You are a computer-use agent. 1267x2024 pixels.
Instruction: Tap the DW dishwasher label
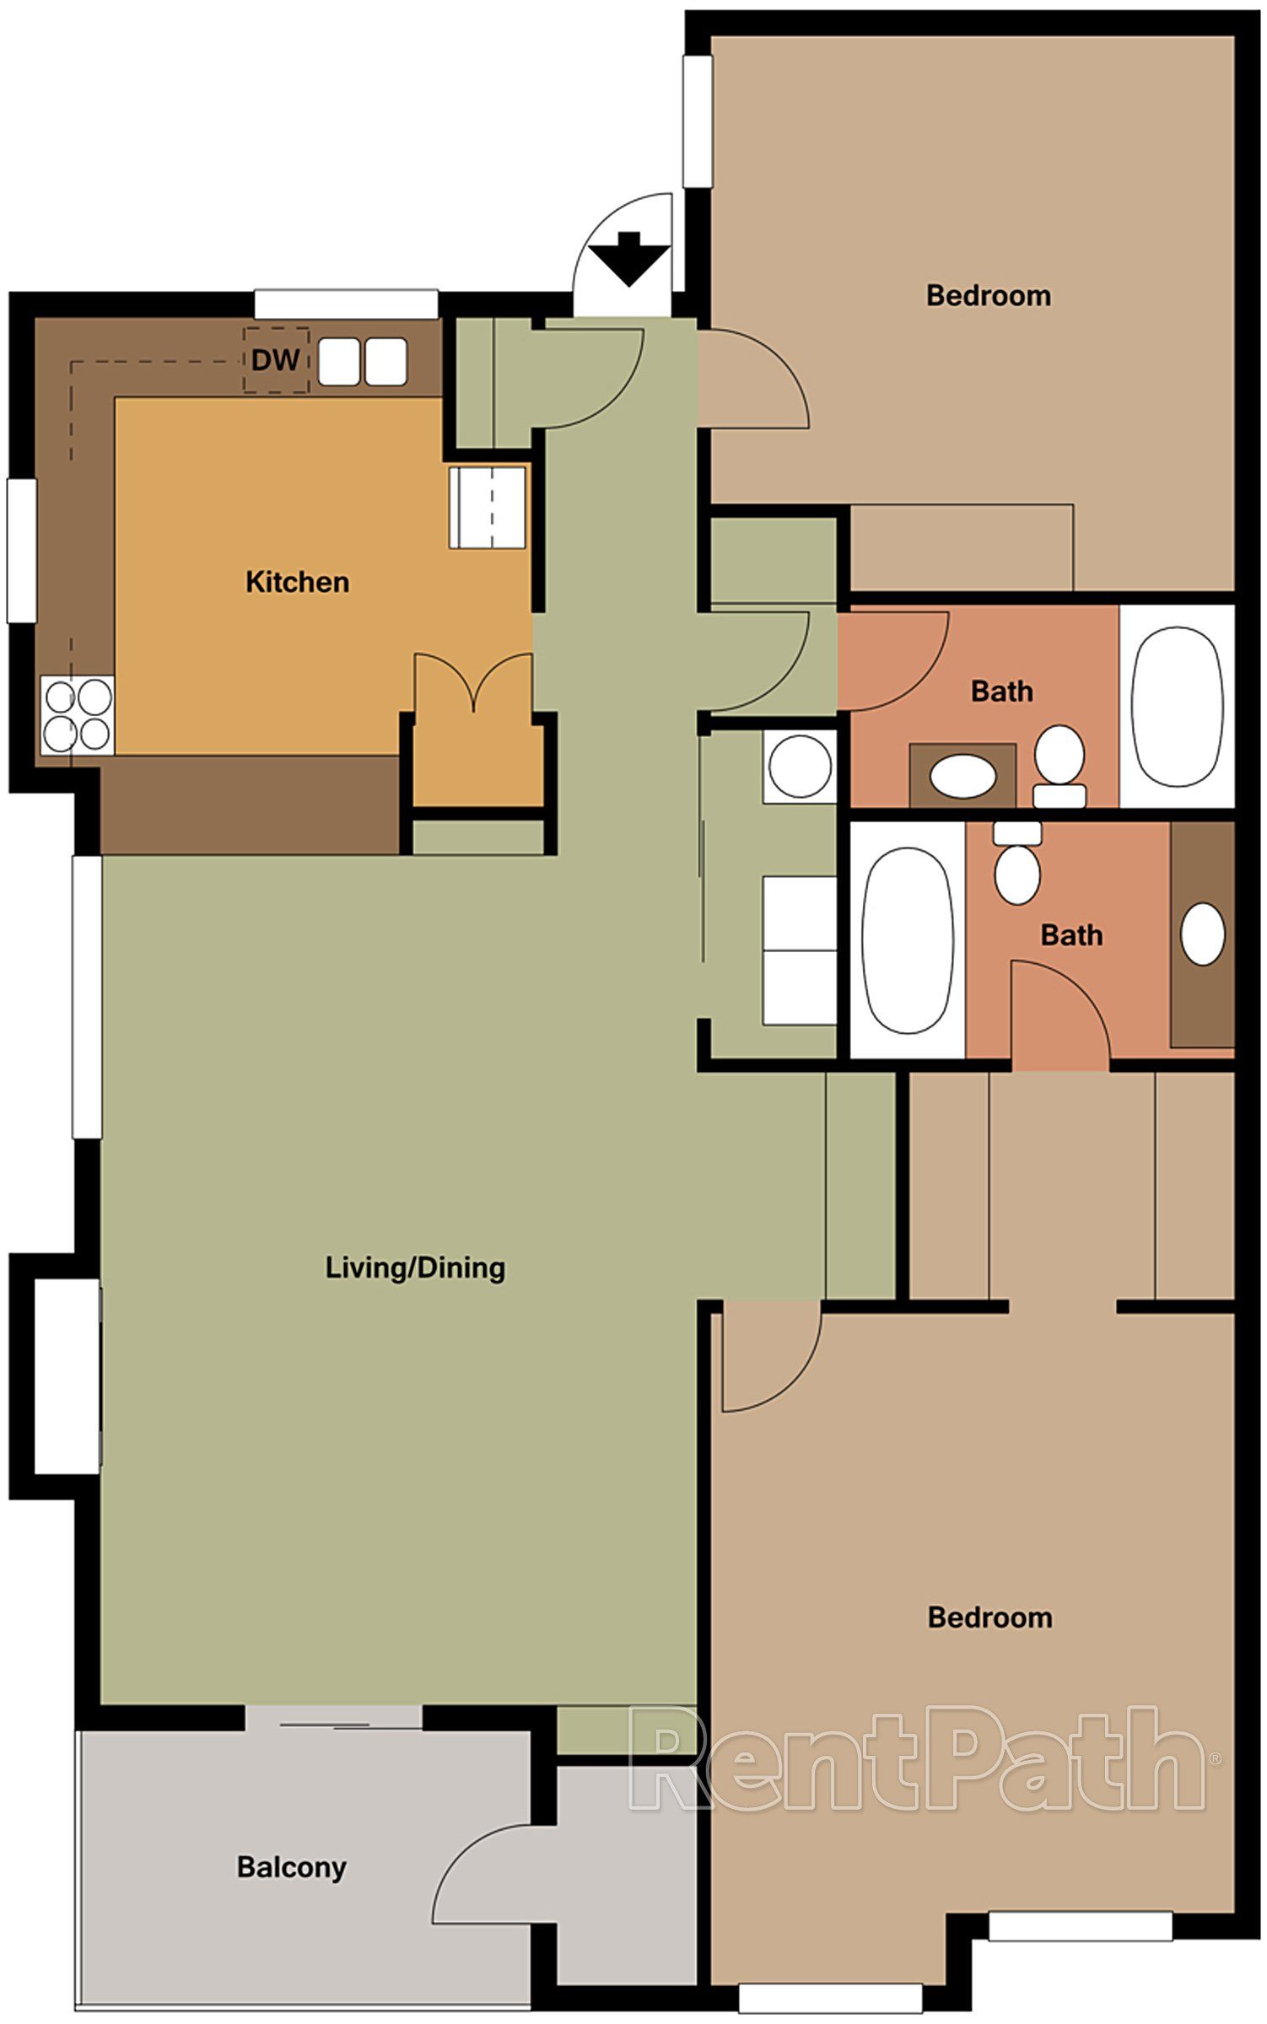(x=275, y=361)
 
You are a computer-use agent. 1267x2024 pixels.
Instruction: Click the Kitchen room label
(x=297, y=582)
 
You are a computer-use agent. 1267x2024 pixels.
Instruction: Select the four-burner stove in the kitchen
(x=78, y=716)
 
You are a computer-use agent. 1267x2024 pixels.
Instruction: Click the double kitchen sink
(x=363, y=362)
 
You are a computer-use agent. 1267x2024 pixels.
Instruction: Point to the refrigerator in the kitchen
(x=488, y=508)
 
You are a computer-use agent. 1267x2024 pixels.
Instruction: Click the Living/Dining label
(x=415, y=1268)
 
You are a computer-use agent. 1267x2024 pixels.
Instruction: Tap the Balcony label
(x=291, y=1866)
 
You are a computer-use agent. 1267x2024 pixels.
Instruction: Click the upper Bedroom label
(x=989, y=295)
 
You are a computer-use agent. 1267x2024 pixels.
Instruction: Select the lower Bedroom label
(x=989, y=1617)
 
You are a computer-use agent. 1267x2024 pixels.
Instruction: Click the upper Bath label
(x=1001, y=692)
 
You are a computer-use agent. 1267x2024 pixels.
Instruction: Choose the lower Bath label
(x=1071, y=934)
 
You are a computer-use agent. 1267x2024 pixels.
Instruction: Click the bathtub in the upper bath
(x=1177, y=707)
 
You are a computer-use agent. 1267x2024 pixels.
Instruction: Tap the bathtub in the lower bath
(x=906, y=940)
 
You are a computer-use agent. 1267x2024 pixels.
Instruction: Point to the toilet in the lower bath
(x=1017, y=864)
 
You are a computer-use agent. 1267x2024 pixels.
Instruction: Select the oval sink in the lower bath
(x=1202, y=934)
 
